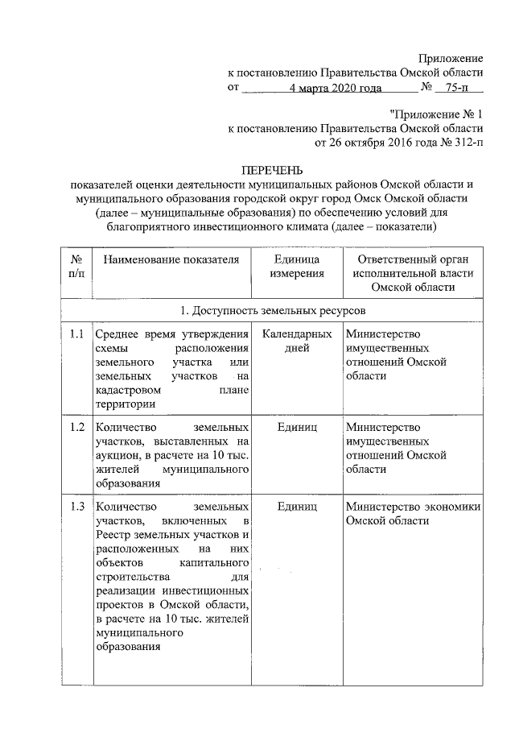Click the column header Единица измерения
[296, 267]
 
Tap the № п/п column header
[77, 267]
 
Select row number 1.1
[76, 334]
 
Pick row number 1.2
[76, 427]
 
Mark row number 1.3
[76, 507]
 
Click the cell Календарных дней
[296, 342]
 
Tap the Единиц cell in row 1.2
[296, 427]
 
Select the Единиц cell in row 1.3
[296, 507]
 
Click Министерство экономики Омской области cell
[413, 514]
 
